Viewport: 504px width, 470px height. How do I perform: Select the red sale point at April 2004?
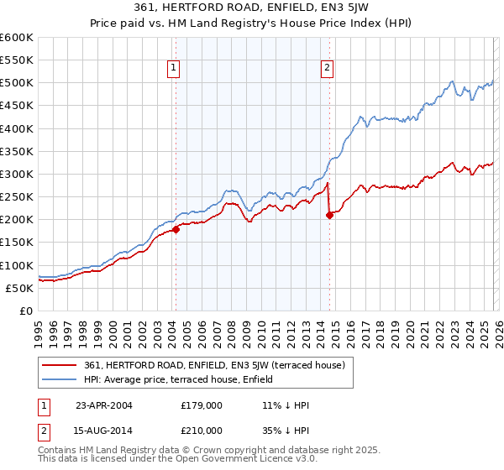click(x=176, y=228)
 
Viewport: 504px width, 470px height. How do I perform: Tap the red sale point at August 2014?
click(x=329, y=215)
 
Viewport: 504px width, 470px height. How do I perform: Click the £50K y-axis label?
click(x=19, y=288)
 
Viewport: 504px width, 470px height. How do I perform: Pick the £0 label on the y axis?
click(x=25, y=311)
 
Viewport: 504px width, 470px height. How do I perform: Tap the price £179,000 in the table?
click(x=201, y=405)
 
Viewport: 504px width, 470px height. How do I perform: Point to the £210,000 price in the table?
click(x=201, y=430)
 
